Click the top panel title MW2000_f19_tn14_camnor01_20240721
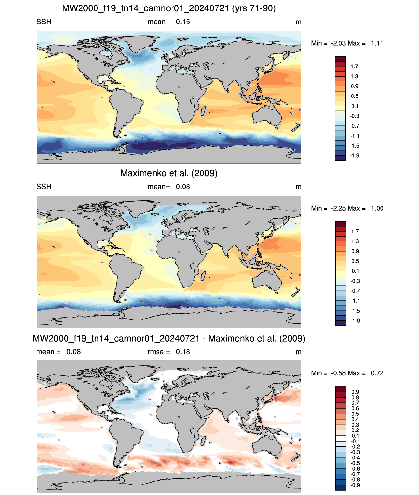(x=145, y=8)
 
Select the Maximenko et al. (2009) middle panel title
(x=169, y=173)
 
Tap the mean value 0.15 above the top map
(x=183, y=22)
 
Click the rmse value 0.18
(x=183, y=352)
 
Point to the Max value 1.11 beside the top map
(x=377, y=43)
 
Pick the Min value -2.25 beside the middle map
(x=338, y=208)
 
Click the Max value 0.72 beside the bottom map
(x=377, y=373)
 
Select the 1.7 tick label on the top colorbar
(x=354, y=66)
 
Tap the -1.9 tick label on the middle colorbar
(x=355, y=321)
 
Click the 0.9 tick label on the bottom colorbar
(x=355, y=392)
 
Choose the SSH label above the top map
(x=44, y=22)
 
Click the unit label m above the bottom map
(x=298, y=352)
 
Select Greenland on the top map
(x=139, y=42)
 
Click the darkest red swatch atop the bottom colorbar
(x=340, y=389)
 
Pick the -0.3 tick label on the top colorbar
(x=354, y=116)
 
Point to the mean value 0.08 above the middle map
(x=183, y=187)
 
